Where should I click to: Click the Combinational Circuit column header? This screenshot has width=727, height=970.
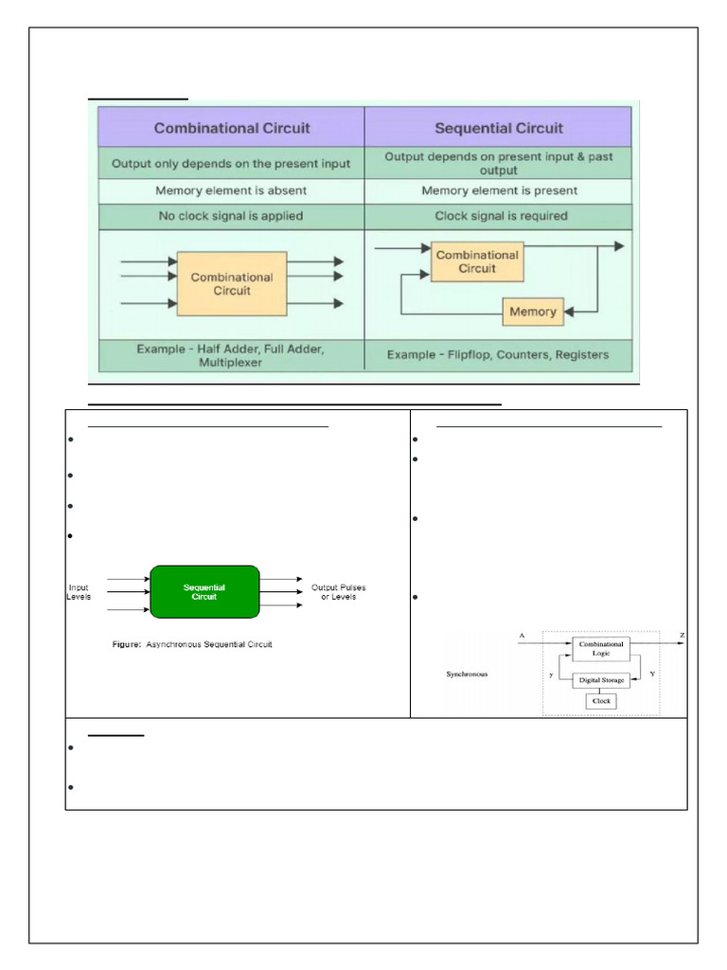coord(232,127)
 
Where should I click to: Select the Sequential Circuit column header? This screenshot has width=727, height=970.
coord(498,127)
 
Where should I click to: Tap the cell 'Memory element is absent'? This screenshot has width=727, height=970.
coord(231,190)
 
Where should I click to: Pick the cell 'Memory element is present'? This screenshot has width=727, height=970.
coord(498,190)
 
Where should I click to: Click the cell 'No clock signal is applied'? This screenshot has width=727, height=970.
coord(231,216)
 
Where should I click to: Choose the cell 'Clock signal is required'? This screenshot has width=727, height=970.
coord(498,216)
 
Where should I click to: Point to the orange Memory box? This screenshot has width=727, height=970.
coord(533,311)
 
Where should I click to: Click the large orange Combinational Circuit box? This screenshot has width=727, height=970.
coord(232,284)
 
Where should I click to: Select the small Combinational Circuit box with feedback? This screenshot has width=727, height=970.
coord(477,261)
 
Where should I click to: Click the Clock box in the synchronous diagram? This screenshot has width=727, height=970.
coord(601,702)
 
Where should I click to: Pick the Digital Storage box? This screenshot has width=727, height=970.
coord(601,679)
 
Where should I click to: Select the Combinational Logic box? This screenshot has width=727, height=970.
coord(601,648)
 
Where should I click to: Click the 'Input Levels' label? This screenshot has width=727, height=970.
coord(80,593)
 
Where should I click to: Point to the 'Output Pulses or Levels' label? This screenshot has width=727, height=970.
coord(339,593)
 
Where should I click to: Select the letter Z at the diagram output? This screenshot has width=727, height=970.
coord(682,634)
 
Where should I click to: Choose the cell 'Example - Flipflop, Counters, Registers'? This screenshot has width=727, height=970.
coord(498,355)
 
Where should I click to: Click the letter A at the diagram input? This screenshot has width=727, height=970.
coord(522,634)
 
